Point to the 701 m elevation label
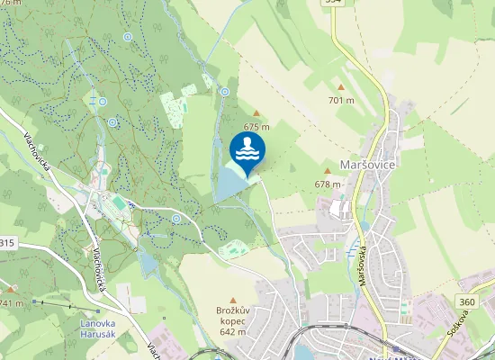(341, 100)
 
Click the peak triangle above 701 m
(340, 87)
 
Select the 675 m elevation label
(256, 127)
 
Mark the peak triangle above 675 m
(256, 113)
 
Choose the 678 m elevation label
(328, 184)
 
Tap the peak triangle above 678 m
(328, 171)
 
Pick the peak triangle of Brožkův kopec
(232, 300)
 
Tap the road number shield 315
(7, 243)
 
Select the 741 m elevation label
(11, 303)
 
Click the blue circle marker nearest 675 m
(224, 91)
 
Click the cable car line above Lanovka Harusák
(54, 303)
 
